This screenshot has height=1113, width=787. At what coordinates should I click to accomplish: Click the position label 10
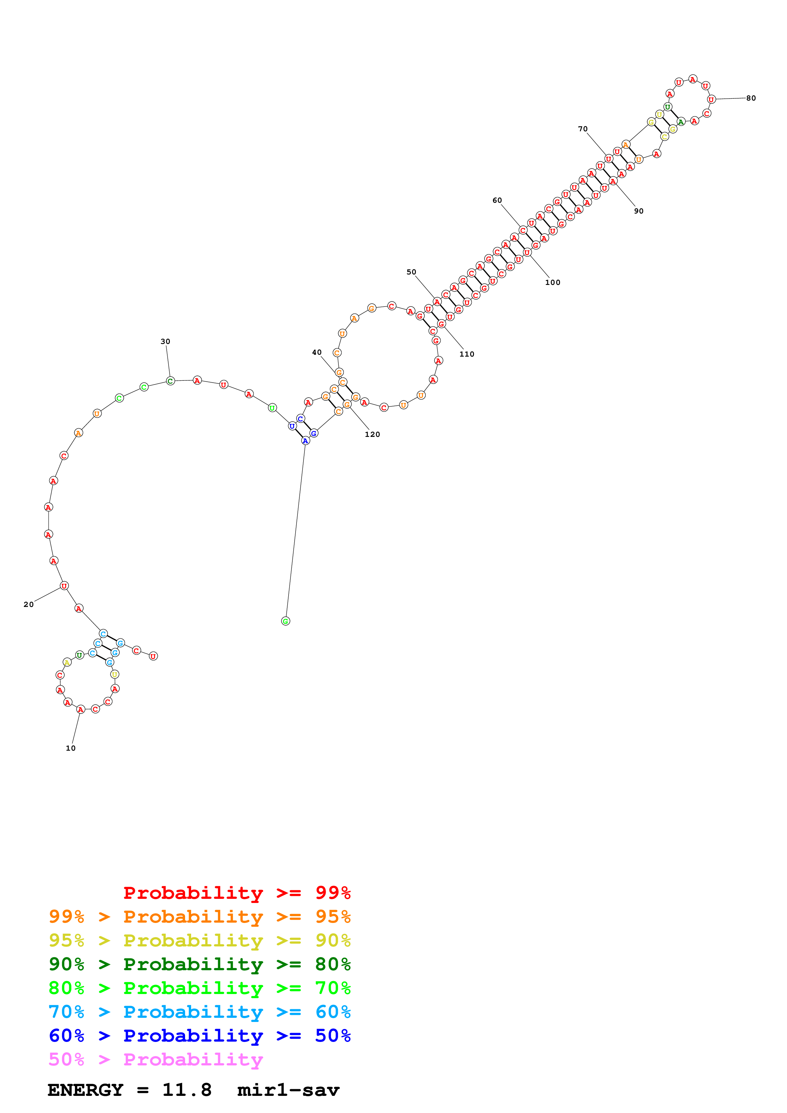tap(71, 748)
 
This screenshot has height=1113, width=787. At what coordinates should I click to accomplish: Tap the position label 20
tap(29, 604)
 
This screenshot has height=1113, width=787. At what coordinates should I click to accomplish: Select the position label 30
tap(165, 341)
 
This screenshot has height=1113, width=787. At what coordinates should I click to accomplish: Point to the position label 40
tap(317, 352)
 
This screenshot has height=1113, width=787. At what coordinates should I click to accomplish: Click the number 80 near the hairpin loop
tap(750, 98)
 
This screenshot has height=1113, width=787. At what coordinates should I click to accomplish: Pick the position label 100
tap(552, 283)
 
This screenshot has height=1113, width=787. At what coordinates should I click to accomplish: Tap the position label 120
tap(372, 434)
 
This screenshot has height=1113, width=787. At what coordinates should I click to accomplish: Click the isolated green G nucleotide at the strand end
tap(286, 621)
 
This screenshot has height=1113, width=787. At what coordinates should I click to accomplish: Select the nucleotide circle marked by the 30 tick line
tap(170, 381)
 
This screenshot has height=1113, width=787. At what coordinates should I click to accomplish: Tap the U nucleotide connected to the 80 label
tap(711, 99)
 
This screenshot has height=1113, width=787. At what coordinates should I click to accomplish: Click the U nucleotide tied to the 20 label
tap(64, 586)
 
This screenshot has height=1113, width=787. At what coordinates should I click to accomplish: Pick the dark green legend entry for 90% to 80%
tap(200, 964)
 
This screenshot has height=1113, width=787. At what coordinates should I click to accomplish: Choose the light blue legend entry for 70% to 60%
tap(200, 1012)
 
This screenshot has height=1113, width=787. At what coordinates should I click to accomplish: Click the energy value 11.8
tap(187, 1090)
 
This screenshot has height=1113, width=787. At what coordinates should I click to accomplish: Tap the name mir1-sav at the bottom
tap(289, 1090)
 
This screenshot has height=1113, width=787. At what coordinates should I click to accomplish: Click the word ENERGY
tap(85, 1090)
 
